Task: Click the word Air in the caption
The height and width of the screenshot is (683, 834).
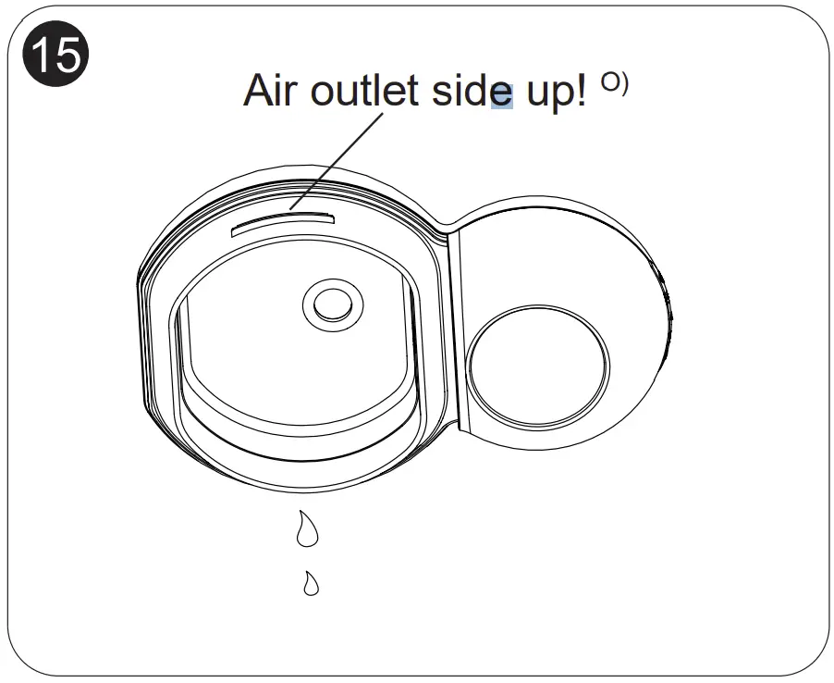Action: click(272, 91)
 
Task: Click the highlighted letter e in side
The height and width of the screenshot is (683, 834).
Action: click(502, 93)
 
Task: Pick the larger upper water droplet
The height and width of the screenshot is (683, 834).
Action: click(306, 529)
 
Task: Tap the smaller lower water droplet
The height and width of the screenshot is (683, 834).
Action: click(312, 583)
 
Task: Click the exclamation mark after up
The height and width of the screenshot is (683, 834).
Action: click(580, 91)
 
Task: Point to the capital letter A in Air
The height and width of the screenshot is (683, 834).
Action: click(259, 91)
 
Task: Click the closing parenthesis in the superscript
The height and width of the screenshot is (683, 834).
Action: click(624, 82)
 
